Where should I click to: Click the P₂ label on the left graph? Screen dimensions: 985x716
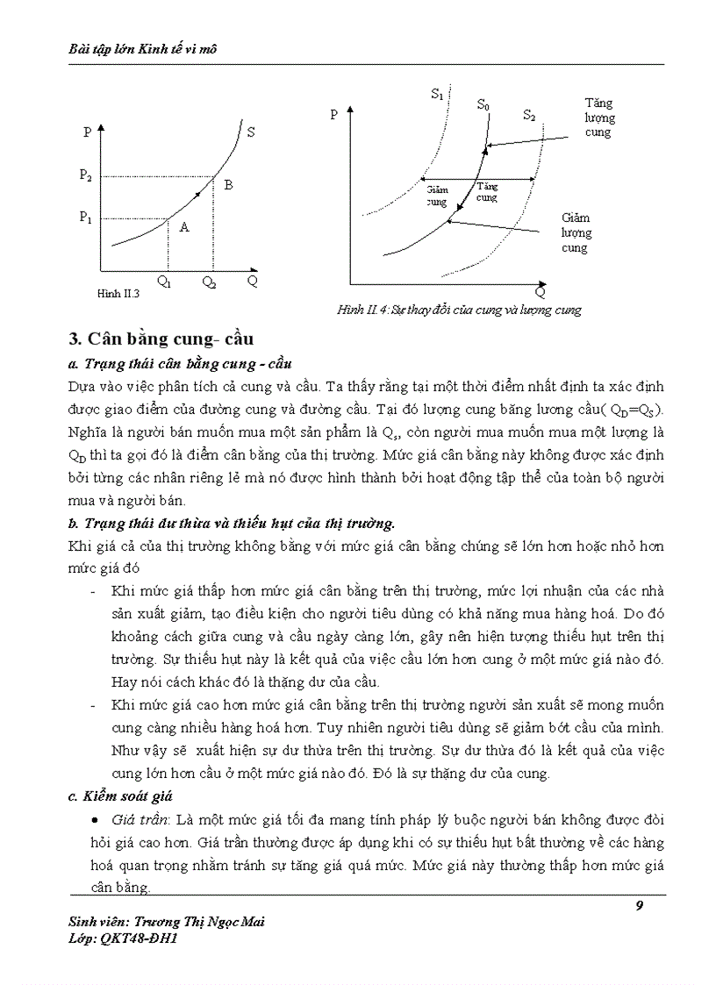(x=85, y=175)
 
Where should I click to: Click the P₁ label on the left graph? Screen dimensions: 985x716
(x=85, y=218)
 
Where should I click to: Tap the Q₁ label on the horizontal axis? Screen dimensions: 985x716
(x=165, y=282)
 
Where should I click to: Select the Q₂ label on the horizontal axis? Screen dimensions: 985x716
(x=209, y=282)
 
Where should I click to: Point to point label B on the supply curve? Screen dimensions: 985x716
(x=228, y=185)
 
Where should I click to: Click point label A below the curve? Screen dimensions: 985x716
(x=184, y=227)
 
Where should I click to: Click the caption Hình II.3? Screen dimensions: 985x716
(x=118, y=295)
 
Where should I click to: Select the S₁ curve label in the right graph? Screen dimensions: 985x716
(x=437, y=94)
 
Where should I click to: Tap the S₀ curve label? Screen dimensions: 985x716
(x=483, y=104)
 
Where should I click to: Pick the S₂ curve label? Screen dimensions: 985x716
(x=529, y=115)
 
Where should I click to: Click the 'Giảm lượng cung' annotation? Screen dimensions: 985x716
(x=576, y=233)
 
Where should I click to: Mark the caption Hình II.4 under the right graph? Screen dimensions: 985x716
(x=459, y=310)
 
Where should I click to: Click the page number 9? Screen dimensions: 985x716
(x=640, y=906)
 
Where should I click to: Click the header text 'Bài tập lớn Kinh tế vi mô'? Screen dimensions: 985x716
(x=142, y=49)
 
